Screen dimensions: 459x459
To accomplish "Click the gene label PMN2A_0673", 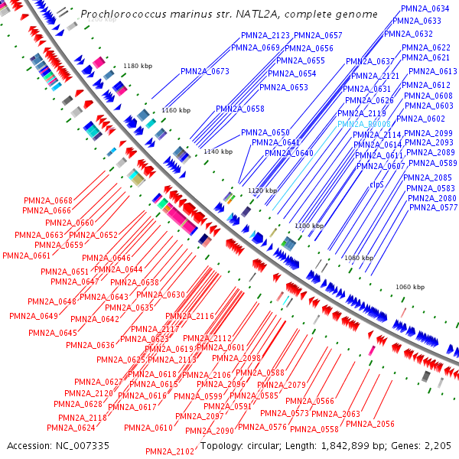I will click(205, 71).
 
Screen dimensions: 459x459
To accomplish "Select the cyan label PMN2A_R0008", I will click(364, 123).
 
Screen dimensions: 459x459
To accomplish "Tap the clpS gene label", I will click(376, 184).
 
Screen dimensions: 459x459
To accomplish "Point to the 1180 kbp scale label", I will click(138, 67).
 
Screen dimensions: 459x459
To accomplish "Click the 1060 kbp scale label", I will click(410, 287).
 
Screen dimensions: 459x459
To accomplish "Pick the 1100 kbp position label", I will click(309, 226).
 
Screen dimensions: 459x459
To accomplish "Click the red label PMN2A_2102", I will click(170, 451).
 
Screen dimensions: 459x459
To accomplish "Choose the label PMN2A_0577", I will click(433, 207).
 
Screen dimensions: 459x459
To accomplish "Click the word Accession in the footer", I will click(28, 445).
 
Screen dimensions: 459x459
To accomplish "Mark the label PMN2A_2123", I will click(265, 35).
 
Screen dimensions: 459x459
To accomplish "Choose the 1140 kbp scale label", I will click(217, 152).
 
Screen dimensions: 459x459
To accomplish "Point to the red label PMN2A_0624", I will click(71, 428).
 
